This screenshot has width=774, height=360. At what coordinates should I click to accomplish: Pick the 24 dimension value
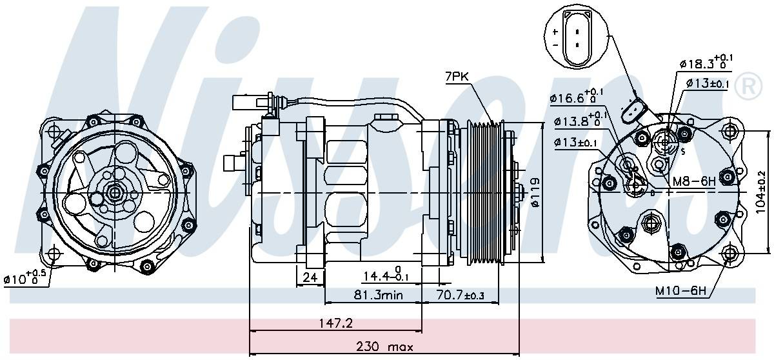click(310, 278)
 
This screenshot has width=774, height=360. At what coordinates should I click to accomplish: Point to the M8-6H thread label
click(694, 181)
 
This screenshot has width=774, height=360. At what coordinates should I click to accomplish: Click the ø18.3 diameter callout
click(707, 64)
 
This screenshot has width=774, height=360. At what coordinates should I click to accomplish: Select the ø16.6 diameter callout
click(576, 97)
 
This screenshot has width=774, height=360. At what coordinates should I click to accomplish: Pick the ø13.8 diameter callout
click(576, 121)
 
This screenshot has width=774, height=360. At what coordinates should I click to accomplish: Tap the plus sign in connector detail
click(555, 31)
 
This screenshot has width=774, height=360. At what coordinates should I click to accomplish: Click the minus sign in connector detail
click(555, 45)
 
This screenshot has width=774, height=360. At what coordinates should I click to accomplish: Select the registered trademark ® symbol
click(748, 86)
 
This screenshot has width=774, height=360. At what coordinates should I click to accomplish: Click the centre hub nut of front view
click(115, 192)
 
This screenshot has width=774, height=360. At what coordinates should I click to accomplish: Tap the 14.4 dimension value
click(384, 277)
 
